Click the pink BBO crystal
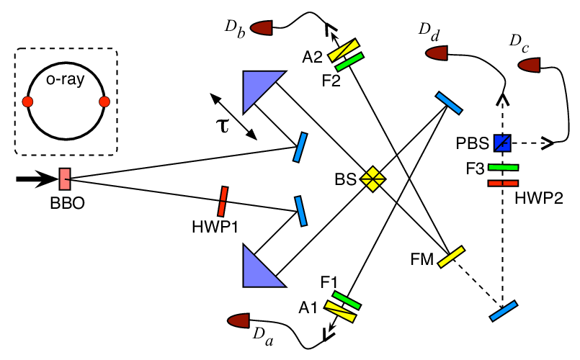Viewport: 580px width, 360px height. click(x=65, y=179)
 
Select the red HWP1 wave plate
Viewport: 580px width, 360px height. click(x=223, y=202)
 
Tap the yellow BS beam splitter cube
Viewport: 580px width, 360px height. click(x=373, y=179)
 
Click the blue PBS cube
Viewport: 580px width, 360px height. click(x=502, y=143)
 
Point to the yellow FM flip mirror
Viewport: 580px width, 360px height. click(x=451, y=256)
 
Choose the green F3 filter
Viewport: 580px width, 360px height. click(x=503, y=168)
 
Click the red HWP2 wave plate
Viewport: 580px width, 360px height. click(x=503, y=184)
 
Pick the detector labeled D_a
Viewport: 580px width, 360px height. click(x=239, y=320)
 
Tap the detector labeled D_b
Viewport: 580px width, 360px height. click(x=261, y=28)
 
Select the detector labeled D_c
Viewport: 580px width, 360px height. click(x=530, y=65)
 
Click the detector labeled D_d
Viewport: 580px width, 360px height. click(x=437, y=53)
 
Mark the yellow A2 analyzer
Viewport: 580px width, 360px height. click(x=344, y=50)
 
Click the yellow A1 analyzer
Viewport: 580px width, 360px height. click(x=340, y=312)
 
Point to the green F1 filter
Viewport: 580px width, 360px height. click(x=347, y=300)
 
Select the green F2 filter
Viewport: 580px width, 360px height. click(x=349, y=62)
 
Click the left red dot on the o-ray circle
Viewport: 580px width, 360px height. click(x=28, y=102)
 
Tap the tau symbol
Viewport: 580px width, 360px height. click(x=223, y=126)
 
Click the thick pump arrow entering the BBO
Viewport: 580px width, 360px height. click(x=37, y=179)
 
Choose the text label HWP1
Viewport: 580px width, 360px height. click(x=215, y=227)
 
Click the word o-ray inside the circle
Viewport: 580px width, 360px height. click(x=65, y=79)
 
